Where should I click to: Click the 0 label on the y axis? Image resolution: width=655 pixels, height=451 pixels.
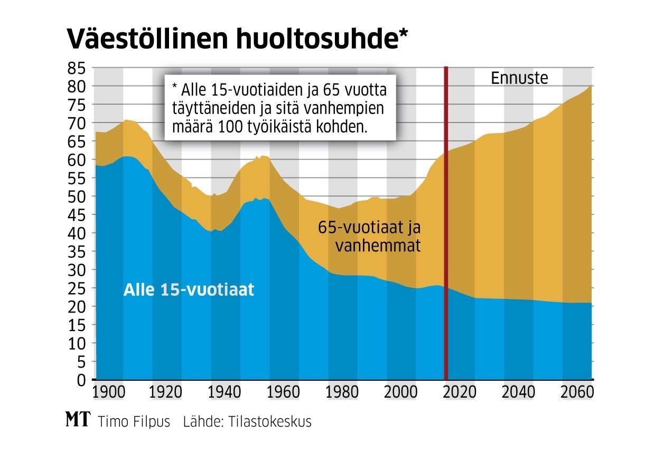[80, 380]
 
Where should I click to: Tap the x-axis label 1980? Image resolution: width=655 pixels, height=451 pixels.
[343, 393]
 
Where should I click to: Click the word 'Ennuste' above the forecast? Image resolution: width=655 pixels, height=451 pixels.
[520, 78]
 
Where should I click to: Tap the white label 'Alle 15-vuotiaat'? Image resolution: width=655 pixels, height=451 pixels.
[189, 290]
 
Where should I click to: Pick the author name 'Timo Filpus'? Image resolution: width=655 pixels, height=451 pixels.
[134, 422]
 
